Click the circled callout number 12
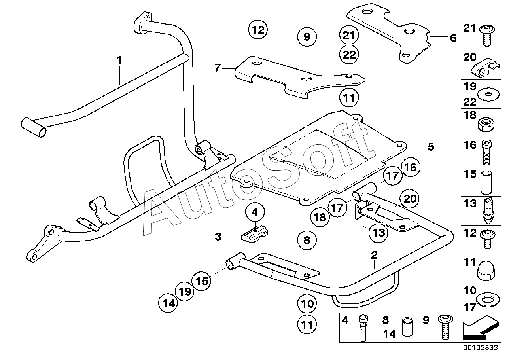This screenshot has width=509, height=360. (x=258, y=30)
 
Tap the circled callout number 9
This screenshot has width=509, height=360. (x=307, y=37)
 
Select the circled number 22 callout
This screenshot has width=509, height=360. (x=349, y=55)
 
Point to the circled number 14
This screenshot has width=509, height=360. (x=168, y=303)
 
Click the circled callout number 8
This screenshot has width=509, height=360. (x=307, y=240)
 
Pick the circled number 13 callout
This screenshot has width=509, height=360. (x=378, y=232)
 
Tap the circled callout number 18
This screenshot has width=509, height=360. (x=320, y=217)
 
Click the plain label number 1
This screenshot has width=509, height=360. (x=119, y=60)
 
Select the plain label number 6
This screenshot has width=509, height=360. (x=453, y=38)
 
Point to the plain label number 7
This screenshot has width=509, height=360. (x=218, y=68)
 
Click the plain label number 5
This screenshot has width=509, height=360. (x=431, y=147)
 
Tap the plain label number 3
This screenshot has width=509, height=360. (x=218, y=237)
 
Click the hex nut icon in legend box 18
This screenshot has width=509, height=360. (x=486, y=124)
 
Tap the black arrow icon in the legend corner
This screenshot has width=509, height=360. (x=481, y=327)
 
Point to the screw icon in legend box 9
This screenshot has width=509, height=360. (x=445, y=327)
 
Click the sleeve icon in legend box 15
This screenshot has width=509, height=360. (x=486, y=182)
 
